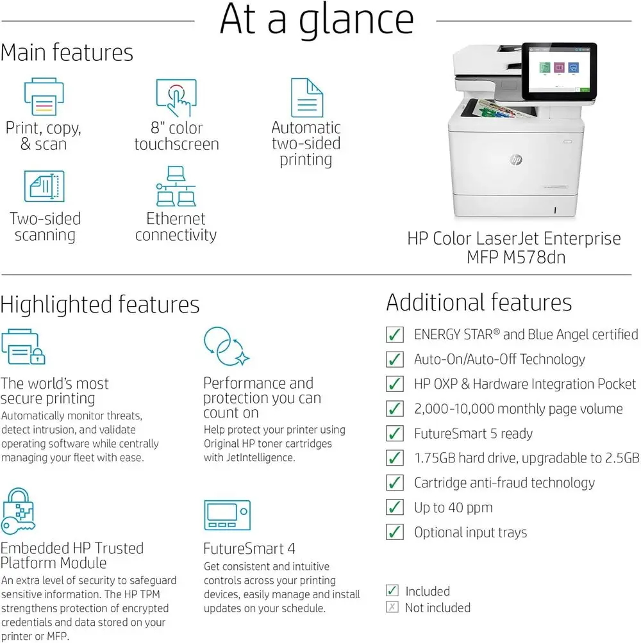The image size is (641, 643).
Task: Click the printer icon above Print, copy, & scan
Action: pos(44,97)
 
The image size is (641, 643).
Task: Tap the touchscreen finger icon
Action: pos(176,97)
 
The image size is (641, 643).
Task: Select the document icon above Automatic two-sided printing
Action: pos(306,97)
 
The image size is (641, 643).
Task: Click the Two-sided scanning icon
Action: pos(44,186)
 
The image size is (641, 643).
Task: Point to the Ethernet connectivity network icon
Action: pos(176,186)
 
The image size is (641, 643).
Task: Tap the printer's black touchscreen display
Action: pos(559,71)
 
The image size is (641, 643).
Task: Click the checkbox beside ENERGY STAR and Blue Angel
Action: pos(395,334)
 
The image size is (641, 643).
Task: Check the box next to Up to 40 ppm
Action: pos(395,508)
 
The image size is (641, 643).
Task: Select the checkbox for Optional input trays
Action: pos(395,532)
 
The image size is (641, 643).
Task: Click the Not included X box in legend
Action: pos(392,608)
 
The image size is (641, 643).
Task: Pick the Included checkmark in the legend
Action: pos(392,591)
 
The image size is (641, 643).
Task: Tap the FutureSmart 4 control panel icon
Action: pos(226,516)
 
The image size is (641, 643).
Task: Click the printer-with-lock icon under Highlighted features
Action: pos(23,347)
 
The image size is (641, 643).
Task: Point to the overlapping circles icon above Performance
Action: pos(226,346)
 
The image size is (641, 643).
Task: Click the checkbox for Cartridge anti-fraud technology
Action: pos(395,483)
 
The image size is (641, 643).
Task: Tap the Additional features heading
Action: pos(479,302)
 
